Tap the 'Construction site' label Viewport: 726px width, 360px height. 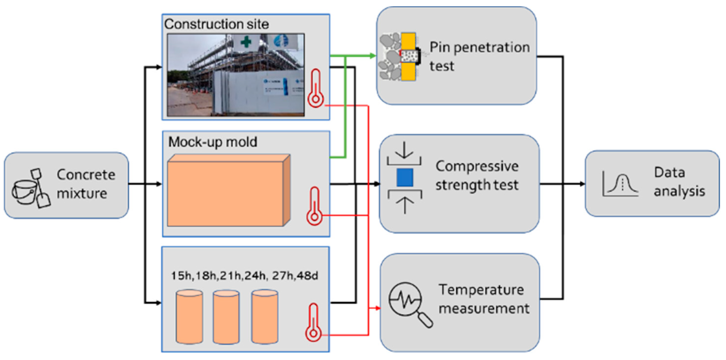click(x=216, y=24)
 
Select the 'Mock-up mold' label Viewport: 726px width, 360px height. click(x=212, y=142)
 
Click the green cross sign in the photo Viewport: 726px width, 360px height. click(x=246, y=42)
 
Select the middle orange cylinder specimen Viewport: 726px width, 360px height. click(x=226, y=317)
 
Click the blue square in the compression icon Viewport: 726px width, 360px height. click(x=405, y=178)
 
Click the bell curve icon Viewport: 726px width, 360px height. click(x=620, y=185)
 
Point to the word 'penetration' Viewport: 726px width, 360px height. click(x=492, y=47)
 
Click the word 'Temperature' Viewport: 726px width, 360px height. click(x=481, y=290)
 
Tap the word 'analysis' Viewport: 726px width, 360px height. click(x=679, y=191)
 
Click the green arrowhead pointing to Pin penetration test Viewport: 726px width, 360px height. click(x=373, y=56)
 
